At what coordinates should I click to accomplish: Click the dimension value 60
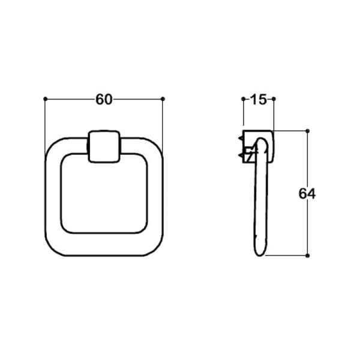(x=104, y=100)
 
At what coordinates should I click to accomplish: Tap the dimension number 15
(x=258, y=100)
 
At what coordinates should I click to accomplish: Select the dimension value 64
(x=307, y=193)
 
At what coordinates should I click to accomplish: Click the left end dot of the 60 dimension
(x=46, y=98)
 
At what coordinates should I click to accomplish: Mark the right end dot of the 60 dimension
(x=163, y=98)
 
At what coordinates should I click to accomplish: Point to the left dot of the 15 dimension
(x=243, y=98)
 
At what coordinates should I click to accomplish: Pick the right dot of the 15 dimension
(x=274, y=98)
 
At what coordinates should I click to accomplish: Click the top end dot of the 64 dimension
(x=307, y=130)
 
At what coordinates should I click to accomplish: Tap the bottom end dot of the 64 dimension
(x=307, y=256)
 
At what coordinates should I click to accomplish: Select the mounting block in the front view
(x=104, y=147)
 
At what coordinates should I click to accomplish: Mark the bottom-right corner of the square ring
(x=153, y=247)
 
